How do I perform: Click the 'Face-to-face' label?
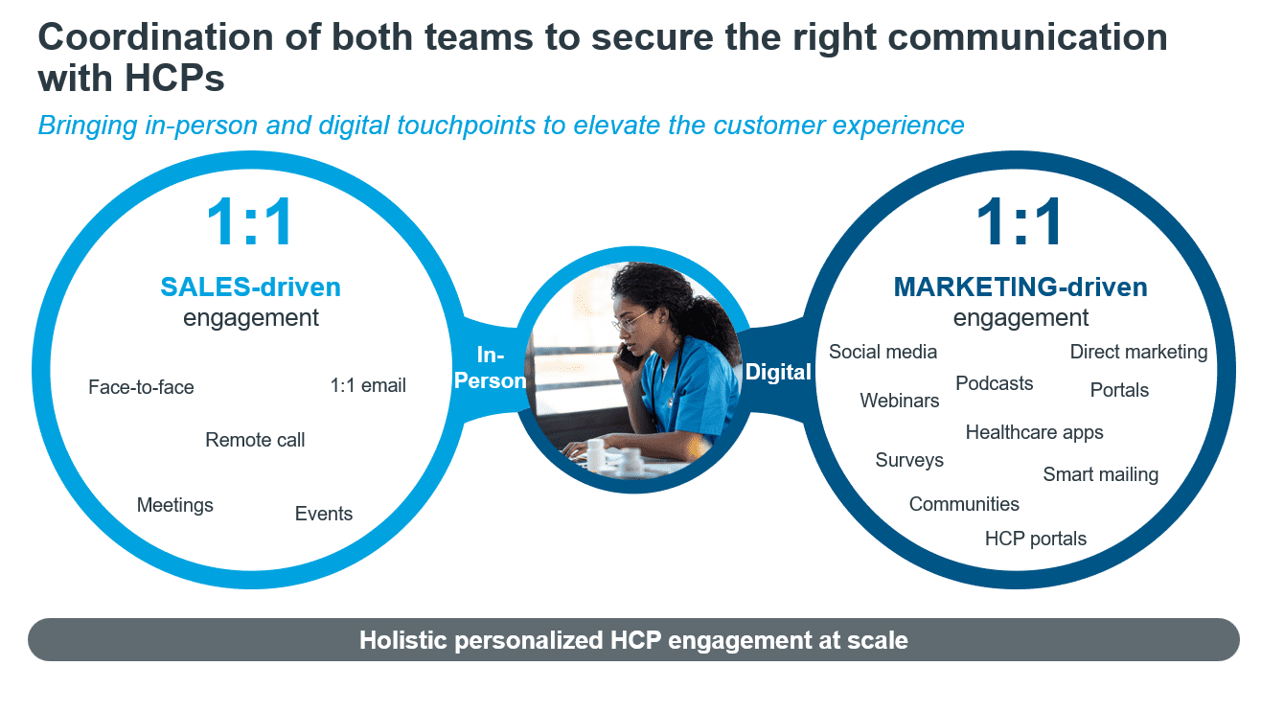141,387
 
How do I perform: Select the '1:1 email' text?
368,385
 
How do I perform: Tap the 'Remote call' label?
255,440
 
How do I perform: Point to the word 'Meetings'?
175,505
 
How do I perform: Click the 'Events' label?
324,514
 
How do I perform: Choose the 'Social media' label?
883,352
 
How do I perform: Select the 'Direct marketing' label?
1139,352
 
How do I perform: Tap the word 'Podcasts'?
995,383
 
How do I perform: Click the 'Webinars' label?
900,401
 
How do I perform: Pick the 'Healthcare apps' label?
1034,432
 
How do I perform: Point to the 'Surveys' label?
909,460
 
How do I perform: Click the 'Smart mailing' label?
1101,474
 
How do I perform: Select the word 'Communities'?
964,504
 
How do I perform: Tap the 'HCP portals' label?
1035,539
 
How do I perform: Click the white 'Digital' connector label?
778,372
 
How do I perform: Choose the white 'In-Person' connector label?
491,368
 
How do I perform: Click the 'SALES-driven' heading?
250,287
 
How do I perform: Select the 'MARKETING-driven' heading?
1020,287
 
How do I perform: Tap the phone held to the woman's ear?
630,356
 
